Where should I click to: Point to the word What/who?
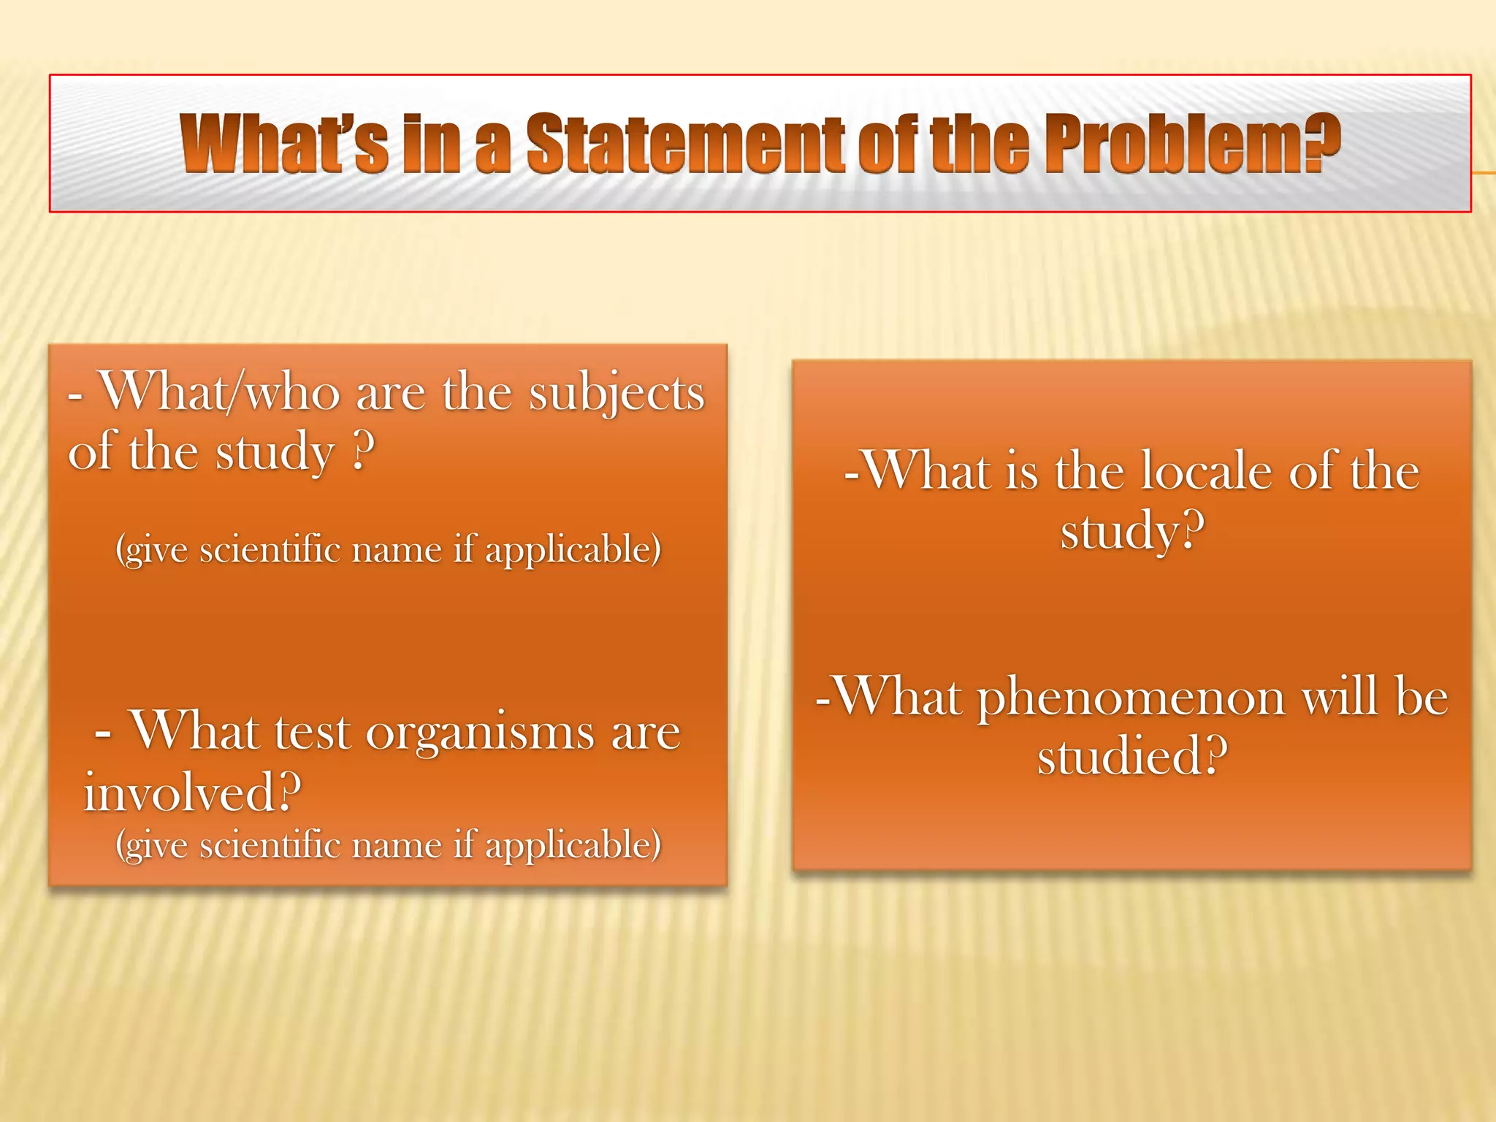[x=220, y=392]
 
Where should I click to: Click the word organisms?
[x=480, y=733]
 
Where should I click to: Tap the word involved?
[x=192, y=792]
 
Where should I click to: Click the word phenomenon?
[x=1131, y=697]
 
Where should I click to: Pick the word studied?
[x=1131, y=756]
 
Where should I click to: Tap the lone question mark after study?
[x=363, y=451]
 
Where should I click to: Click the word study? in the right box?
[x=1131, y=530]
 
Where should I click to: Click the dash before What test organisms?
[x=103, y=733]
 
